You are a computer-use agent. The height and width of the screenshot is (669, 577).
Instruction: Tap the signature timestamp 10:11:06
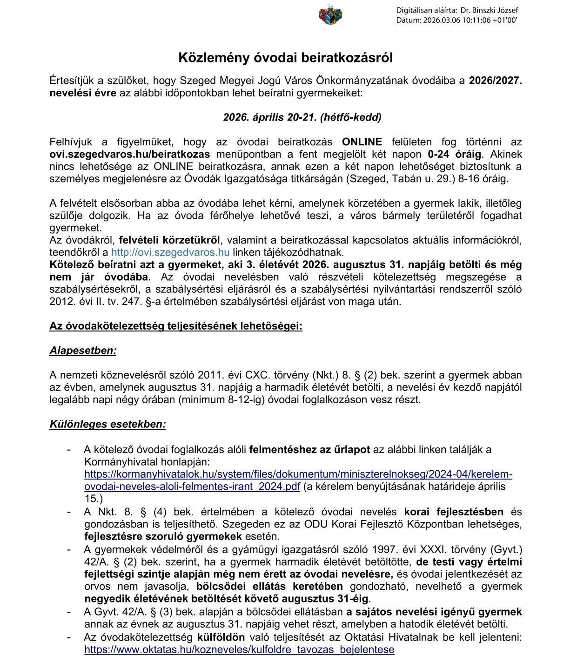click(474, 20)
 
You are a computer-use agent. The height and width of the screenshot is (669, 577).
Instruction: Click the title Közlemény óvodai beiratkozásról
click(286, 58)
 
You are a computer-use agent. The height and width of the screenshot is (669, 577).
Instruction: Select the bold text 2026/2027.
click(495, 81)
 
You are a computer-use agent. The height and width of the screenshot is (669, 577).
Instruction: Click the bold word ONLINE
click(362, 142)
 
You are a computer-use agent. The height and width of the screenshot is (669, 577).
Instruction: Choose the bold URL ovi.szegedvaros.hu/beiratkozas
click(130, 154)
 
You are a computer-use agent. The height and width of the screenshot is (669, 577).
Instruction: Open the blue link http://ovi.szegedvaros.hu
click(170, 253)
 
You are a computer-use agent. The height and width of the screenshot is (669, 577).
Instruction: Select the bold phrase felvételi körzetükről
click(169, 241)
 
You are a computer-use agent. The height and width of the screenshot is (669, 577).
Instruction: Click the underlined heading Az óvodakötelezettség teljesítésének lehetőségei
click(176, 326)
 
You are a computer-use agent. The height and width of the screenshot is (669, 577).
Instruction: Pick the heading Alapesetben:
click(83, 351)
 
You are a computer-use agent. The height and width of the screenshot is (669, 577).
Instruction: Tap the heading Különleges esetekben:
click(107, 425)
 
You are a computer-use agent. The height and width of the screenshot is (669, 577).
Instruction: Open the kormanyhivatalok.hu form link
click(298, 474)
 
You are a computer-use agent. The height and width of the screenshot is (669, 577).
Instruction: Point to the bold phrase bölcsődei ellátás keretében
click(269, 586)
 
